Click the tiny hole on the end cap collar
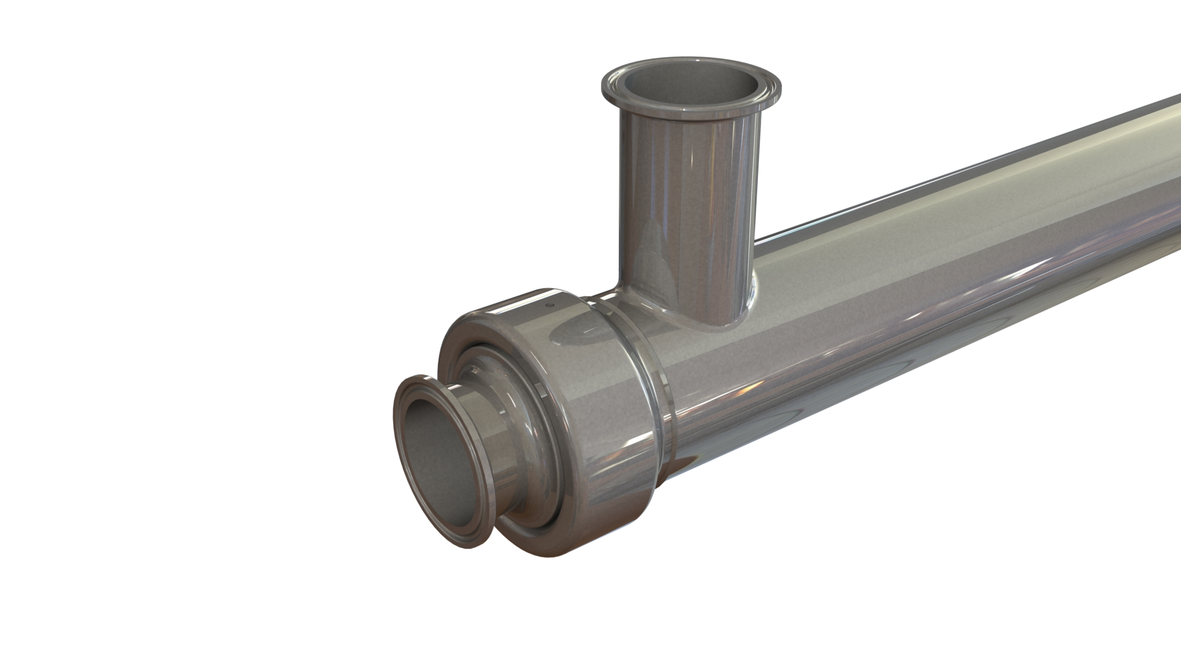point(551,304)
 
